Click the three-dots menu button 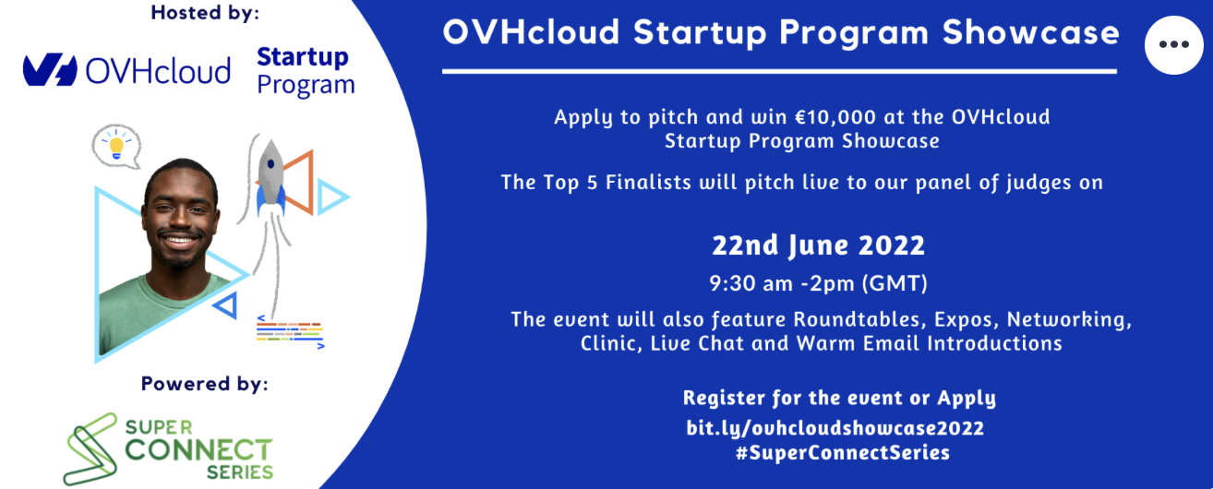(x=1174, y=45)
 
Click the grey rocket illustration (x=270, y=176)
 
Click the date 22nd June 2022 (x=818, y=246)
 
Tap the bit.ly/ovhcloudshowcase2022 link (x=835, y=428)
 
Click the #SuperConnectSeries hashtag (x=843, y=452)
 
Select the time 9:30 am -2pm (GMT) (x=818, y=283)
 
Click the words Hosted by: (x=205, y=13)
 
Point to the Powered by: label (x=205, y=384)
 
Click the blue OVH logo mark (x=50, y=70)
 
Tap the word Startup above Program (x=303, y=58)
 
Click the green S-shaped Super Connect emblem (x=90, y=448)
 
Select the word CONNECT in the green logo (x=198, y=449)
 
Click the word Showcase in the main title (x=1030, y=32)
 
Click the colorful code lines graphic (x=290, y=331)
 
